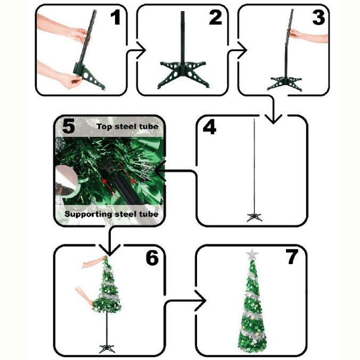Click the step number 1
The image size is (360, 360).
pos(116,18)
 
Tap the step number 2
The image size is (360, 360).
pos(216,18)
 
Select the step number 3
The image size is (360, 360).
pos(318,18)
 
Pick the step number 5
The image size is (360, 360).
pos(68,127)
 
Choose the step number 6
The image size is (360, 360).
pos(152,258)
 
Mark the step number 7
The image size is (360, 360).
pos(292,257)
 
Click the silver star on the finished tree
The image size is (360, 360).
pos(252,255)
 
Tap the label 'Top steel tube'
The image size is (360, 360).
pos(127,127)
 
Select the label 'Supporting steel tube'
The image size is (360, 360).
pos(112,214)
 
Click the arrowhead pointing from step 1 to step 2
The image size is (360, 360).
pos(141,50)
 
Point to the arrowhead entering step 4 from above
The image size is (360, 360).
pos(273,119)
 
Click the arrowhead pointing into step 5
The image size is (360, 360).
pos(160,170)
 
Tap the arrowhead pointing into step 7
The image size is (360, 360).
pos(200,300)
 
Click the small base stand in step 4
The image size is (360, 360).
pos(255,217)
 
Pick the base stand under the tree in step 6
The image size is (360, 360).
pos(107,348)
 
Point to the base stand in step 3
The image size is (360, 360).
pos(284,84)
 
